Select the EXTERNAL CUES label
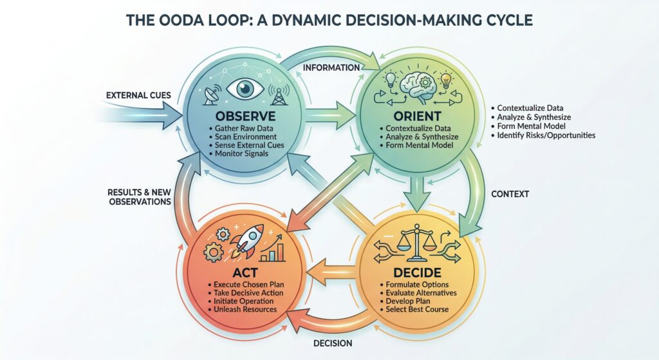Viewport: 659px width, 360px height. [138, 95]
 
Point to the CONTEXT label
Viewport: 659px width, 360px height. [510, 193]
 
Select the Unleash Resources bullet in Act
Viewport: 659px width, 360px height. [242, 310]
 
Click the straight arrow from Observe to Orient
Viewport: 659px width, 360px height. [329, 118]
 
